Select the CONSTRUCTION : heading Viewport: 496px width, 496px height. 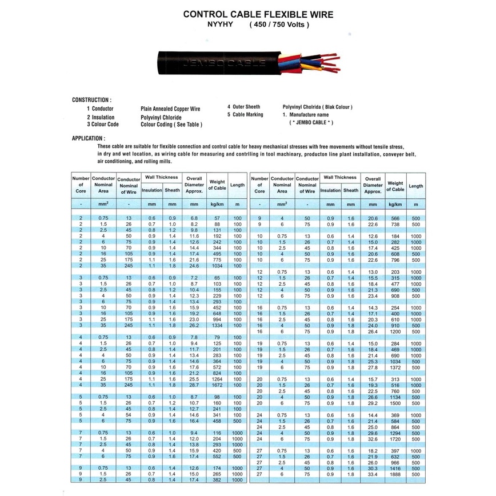92,100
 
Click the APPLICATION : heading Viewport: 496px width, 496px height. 89,138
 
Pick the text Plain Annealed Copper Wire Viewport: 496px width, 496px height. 170,109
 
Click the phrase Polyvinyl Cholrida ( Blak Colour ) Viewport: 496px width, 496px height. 318,107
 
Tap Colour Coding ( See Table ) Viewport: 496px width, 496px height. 171,124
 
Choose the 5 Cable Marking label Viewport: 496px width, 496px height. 245,115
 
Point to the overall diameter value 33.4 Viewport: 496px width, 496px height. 373,474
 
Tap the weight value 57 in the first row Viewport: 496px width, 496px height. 217,218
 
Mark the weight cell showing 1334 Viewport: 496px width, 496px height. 217,325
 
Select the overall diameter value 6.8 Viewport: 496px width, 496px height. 194,218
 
